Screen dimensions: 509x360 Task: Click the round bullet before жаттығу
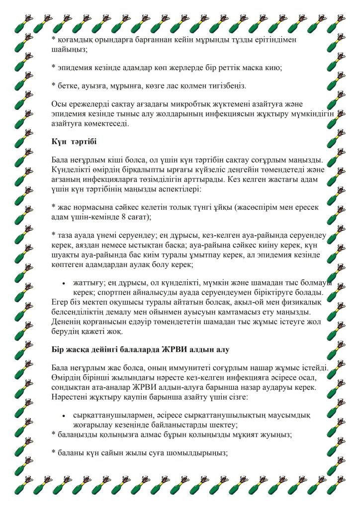point(64,282)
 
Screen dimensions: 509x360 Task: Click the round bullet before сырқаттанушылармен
point(64,415)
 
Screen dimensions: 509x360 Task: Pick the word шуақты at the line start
point(66,254)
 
